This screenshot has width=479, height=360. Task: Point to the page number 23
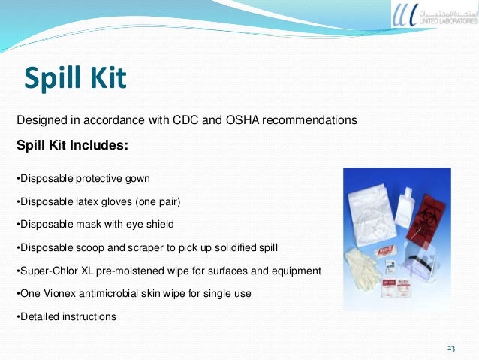point(451,348)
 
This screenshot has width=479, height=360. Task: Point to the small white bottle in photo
point(409,200)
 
